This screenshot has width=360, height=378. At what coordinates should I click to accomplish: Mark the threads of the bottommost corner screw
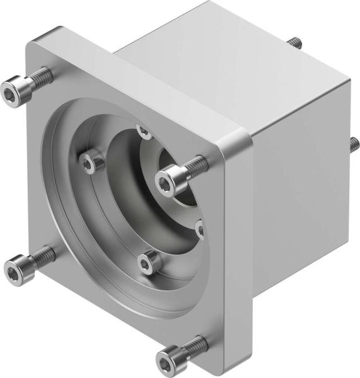point(194,345)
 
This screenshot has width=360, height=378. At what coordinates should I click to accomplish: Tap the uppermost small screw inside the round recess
point(144,132)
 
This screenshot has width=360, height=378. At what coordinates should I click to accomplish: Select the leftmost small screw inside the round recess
point(91,162)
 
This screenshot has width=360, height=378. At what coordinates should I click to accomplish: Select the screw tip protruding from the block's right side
point(353,142)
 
